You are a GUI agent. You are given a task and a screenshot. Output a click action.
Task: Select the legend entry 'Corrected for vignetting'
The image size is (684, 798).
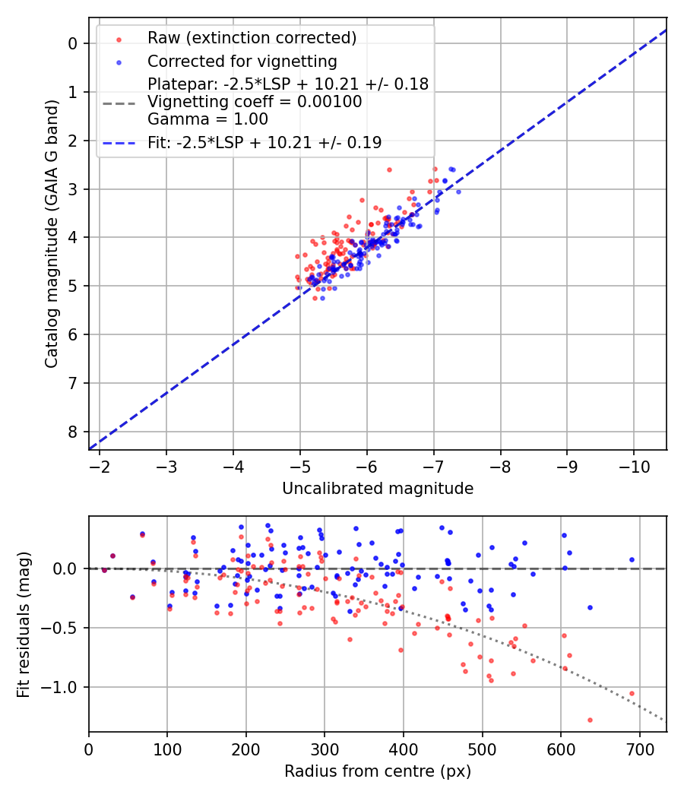242,61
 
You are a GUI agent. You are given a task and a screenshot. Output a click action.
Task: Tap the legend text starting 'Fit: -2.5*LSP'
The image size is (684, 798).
264,142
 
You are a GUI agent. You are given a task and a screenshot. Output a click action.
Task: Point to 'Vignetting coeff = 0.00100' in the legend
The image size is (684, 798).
255,102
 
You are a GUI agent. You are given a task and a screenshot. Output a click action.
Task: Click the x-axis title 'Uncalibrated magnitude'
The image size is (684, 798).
378,489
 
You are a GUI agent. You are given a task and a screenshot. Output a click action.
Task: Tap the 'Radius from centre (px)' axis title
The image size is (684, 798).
378,771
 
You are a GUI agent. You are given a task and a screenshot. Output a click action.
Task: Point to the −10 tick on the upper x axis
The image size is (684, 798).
633,465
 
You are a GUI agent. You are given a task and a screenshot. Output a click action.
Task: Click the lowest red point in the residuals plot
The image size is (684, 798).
590,720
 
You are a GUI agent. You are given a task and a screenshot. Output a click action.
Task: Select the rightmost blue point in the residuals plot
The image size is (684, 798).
632,559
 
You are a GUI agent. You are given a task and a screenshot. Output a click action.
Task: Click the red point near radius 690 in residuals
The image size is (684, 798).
632,693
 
